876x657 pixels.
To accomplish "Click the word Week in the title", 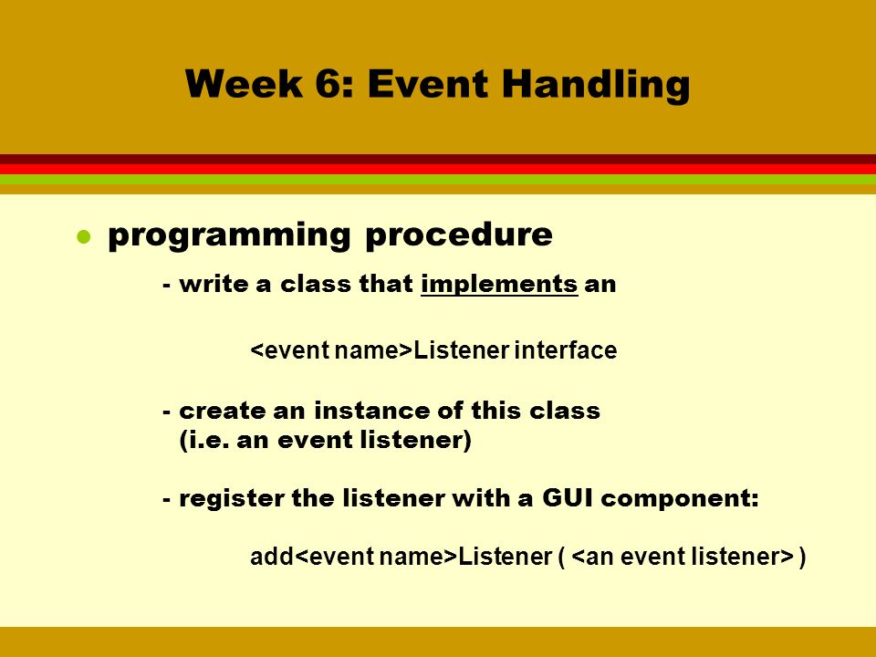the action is [x=245, y=84].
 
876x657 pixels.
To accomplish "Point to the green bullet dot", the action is [x=84, y=237].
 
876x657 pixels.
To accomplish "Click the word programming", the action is [x=229, y=235].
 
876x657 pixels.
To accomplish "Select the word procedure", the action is [x=459, y=235].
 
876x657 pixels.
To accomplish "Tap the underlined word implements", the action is [x=499, y=285].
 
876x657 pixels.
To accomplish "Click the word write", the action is [x=214, y=284].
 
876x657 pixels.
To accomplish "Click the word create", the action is [x=222, y=411].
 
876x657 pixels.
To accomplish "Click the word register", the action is [x=231, y=498].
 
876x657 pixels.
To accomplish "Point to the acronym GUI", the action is [x=567, y=498].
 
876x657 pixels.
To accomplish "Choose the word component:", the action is [x=680, y=499].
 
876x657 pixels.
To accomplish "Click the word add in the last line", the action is [x=272, y=557].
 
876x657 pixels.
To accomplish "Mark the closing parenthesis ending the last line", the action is [x=802, y=558].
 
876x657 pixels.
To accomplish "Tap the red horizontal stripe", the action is [x=438, y=170].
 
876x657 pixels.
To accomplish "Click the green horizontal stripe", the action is [x=438, y=180].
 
